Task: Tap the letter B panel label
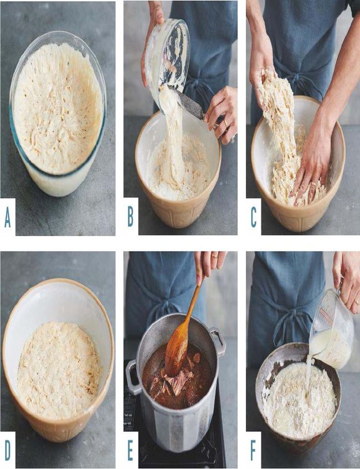[131, 217]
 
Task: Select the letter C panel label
[253, 217]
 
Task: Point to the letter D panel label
[7, 451]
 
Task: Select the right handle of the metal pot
[218, 341]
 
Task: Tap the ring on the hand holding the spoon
[214, 256]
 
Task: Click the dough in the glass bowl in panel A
[58, 108]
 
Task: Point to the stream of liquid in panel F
[308, 375]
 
